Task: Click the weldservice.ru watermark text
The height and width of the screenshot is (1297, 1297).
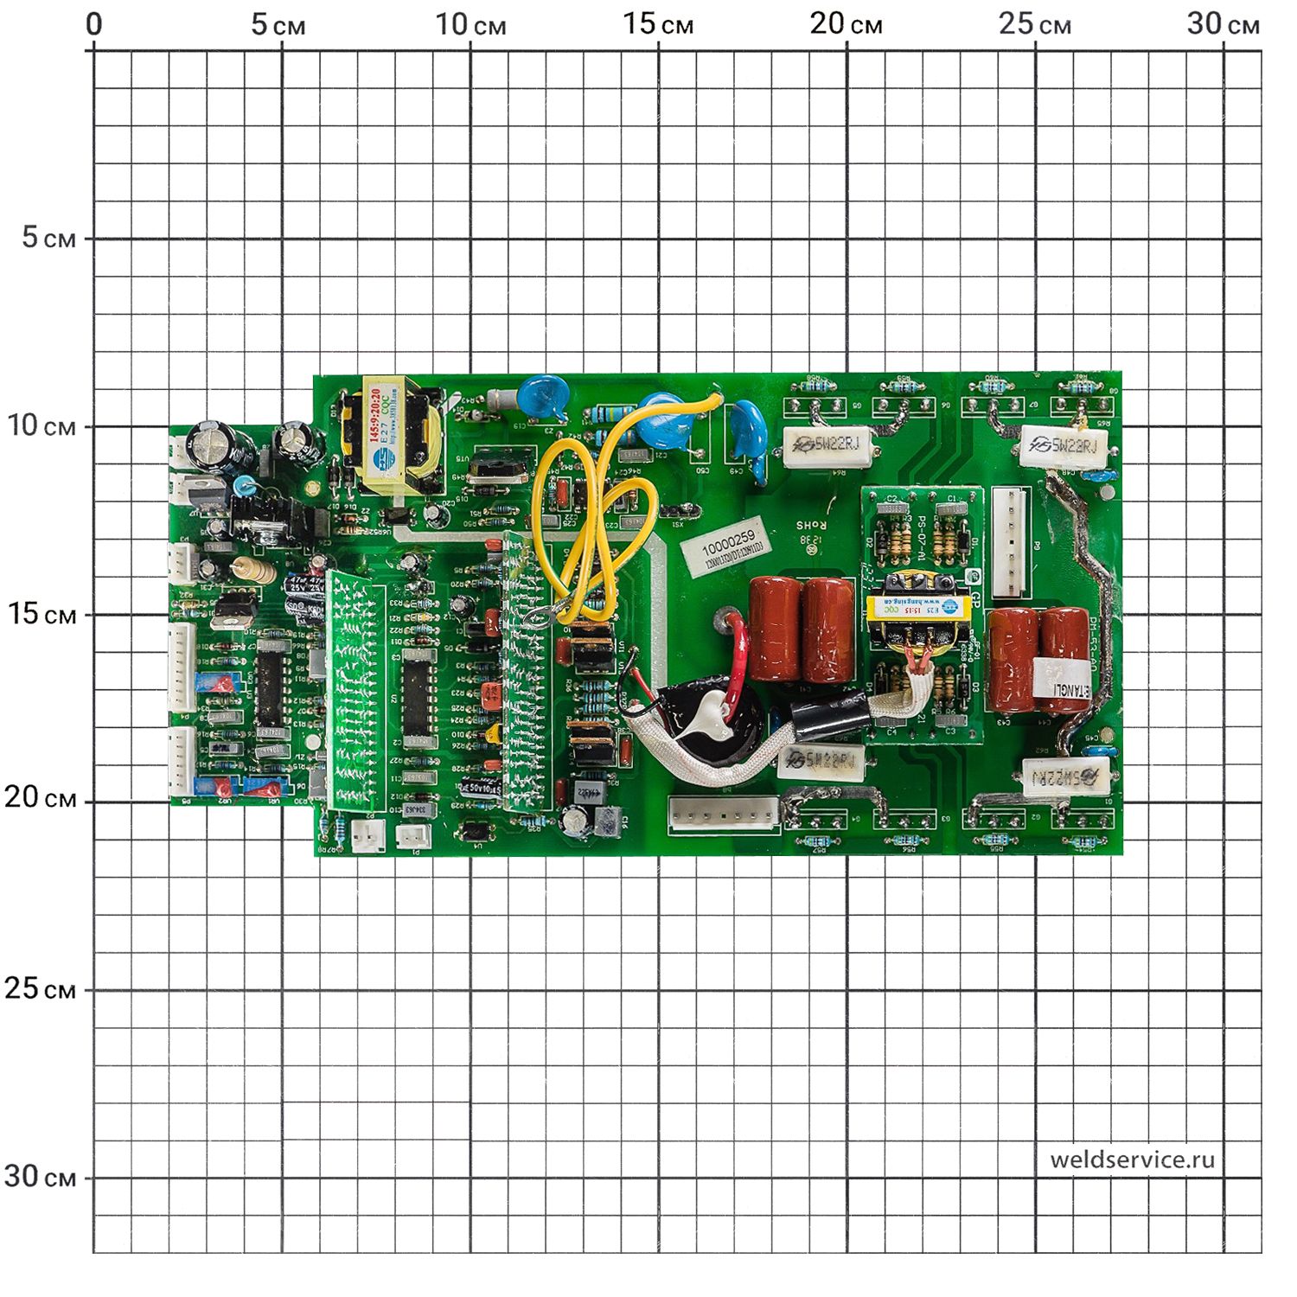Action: (1132, 1160)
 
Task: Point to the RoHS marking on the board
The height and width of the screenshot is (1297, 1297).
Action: (812, 525)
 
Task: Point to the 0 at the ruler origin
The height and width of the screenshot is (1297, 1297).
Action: (93, 24)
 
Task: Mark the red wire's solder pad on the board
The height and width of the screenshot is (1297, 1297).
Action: (725, 618)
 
